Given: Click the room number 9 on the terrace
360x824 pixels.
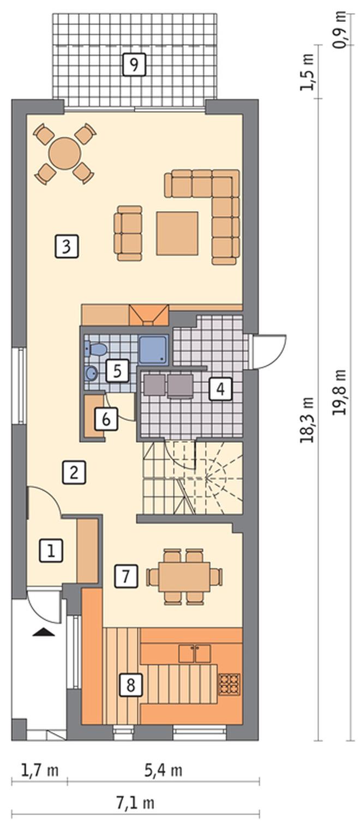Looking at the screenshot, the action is click(x=134, y=65).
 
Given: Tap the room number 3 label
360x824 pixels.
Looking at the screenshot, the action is click(x=67, y=246).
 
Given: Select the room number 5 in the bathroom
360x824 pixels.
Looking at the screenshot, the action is click(x=117, y=371).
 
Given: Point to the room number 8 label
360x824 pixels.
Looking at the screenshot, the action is click(x=130, y=675).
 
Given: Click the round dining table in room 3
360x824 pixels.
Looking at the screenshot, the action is click(x=65, y=153).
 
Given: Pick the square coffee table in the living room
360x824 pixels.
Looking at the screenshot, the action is click(x=177, y=233).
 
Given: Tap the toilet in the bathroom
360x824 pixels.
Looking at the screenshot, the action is click(x=97, y=348).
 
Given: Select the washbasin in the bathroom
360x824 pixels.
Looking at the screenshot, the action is click(x=91, y=374).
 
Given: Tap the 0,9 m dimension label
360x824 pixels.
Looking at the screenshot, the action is click(x=339, y=30).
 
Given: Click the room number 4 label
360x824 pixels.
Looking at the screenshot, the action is click(x=220, y=388).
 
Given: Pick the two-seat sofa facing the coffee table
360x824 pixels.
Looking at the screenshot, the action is click(x=128, y=233).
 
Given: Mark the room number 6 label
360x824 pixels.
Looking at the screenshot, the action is click(x=106, y=419).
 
